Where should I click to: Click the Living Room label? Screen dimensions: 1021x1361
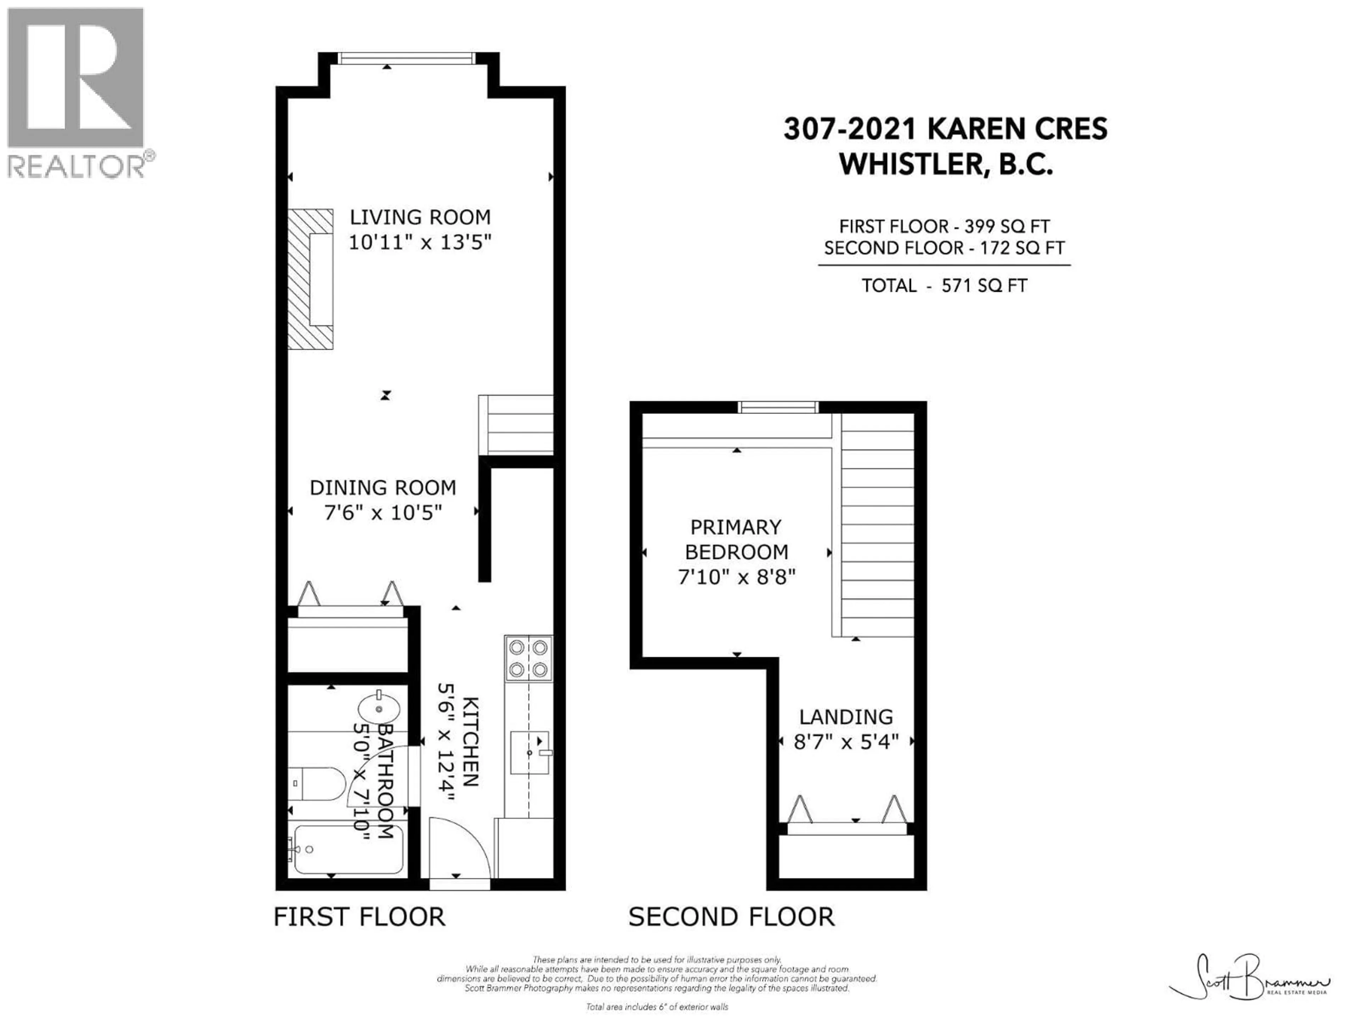(420, 217)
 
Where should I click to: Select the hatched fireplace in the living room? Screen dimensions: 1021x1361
(311, 279)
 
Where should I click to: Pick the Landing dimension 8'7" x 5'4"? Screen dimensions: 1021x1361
(846, 742)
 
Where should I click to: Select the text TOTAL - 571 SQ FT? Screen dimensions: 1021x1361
(944, 285)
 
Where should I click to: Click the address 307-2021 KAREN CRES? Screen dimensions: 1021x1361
(945, 129)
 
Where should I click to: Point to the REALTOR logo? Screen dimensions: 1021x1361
(77, 92)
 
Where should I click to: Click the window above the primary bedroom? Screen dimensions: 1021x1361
(778, 407)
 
